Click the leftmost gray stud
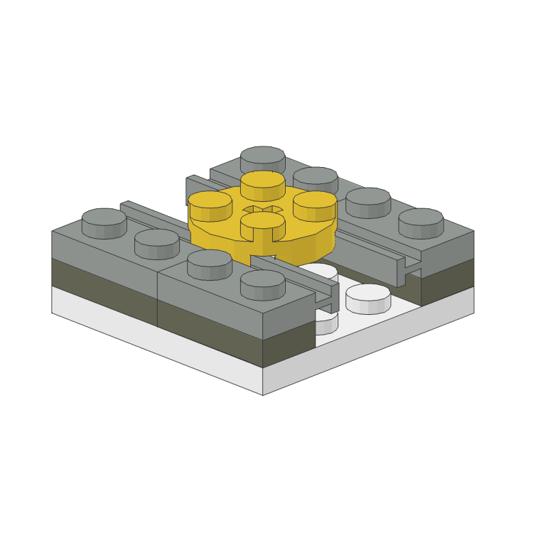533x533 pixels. [x=104, y=222]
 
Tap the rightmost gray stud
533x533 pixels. [x=421, y=222]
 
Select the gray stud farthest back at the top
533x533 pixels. [x=263, y=161]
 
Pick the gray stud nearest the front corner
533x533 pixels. [x=263, y=284]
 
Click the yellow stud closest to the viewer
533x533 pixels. [x=262, y=227]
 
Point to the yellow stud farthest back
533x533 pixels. [x=263, y=185]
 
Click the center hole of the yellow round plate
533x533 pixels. [x=263, y=210]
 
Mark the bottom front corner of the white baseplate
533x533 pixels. [x=263, y=394]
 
